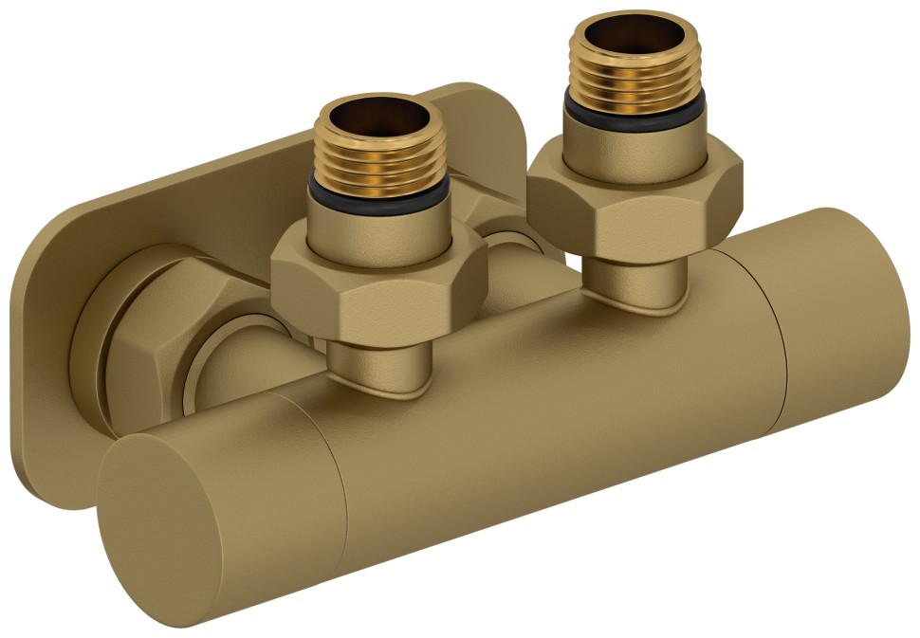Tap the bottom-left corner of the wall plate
coord(28,483)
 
